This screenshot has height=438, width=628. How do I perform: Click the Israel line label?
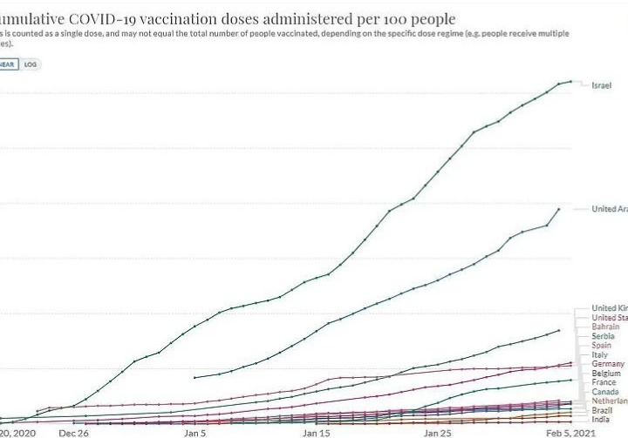602,85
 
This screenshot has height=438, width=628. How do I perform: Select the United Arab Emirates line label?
609,209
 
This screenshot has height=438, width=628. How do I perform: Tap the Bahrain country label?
605,327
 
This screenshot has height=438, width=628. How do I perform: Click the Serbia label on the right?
603,336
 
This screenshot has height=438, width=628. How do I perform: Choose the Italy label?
600,355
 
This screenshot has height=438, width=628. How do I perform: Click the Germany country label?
608,364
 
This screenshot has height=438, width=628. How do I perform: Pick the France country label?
604,382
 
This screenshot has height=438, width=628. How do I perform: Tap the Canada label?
605,392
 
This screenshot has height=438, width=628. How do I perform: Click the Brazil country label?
602,410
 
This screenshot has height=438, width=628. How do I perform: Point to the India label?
601,420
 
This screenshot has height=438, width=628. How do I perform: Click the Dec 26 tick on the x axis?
73,431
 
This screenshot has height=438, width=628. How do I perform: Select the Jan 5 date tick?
195,431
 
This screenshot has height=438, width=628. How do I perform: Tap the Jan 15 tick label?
316,431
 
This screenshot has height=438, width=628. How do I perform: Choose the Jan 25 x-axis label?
437,431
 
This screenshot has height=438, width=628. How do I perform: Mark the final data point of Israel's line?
570,82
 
